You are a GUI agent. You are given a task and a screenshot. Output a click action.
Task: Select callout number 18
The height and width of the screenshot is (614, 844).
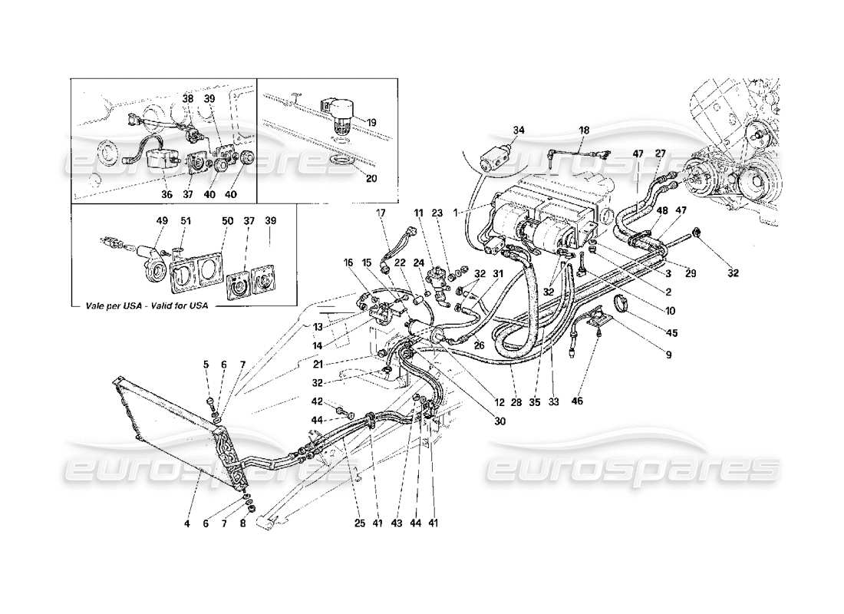pyautogui.click(x=585, y=131)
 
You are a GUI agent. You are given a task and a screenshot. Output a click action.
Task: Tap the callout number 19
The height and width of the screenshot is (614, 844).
pyautogui.click(x=371, y=121)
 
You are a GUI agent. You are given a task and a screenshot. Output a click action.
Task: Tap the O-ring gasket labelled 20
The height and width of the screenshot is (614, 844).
pyautogui.click(x=341, y=162)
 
